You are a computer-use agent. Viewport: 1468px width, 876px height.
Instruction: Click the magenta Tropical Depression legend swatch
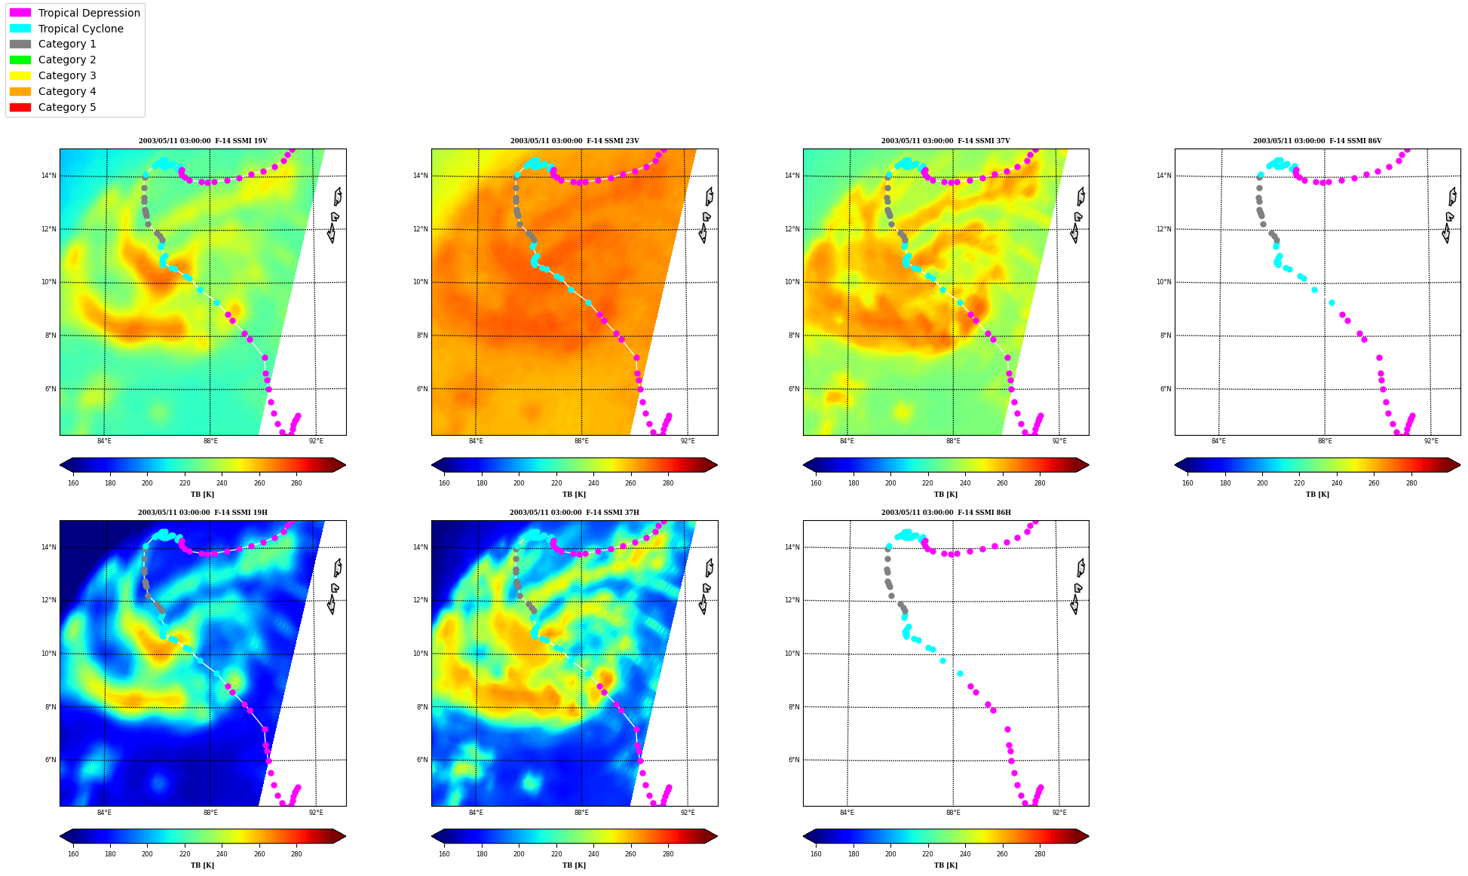pyautogui.click(x=20, y=13)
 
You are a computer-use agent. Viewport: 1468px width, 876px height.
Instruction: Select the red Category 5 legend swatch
pyautogui.click(x=20, y=107)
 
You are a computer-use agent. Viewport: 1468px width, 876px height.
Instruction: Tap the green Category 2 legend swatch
pyautogui.click(x=20, y=60)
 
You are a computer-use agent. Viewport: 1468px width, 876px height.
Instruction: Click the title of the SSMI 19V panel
pyautogui.click(x=203, y=141)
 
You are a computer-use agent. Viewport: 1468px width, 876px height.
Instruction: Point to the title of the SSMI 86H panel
pyautogui.click(x=946, y=513)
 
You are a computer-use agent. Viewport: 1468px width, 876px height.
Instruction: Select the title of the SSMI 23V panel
pyautogui.click(x=575, y=141)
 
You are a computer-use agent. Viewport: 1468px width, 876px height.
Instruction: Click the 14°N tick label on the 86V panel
pyautogui.click(x=1164, y=176)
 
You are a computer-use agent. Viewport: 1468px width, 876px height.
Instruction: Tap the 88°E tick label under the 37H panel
pyautogui.click(x=581, y=813)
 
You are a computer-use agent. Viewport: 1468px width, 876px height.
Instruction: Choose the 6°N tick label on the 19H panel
pyautogui.click(x=50, y=760)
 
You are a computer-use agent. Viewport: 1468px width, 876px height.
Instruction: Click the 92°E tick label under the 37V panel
pyautogui.click(x=1059, y=441)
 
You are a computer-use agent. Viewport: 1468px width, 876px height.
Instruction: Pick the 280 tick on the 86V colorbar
pyautogui.click(x=1411, y=483)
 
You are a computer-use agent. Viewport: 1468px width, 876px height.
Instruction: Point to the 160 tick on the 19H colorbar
pyautogui.click(x=73, y=854)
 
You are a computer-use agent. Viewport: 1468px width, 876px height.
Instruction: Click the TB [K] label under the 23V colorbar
pyautogui.click(x=574, y=495)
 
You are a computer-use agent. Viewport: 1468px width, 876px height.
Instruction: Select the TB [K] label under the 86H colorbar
pyautogui.click(x=945, y=865)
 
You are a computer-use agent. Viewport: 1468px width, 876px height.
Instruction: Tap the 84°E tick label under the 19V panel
pyautogui.click(x=104, y=441)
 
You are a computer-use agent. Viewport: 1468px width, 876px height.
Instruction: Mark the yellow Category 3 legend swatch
pyautogui.click(x=20, y=75)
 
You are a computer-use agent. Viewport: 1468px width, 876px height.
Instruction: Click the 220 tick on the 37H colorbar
pyautogui.click(x=556, y=854)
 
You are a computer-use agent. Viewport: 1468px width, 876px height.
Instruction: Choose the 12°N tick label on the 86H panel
pyautogui.click(x=792, y=601)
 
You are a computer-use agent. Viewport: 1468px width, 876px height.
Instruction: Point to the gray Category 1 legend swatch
pyautogui.click(x=20, y=44)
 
